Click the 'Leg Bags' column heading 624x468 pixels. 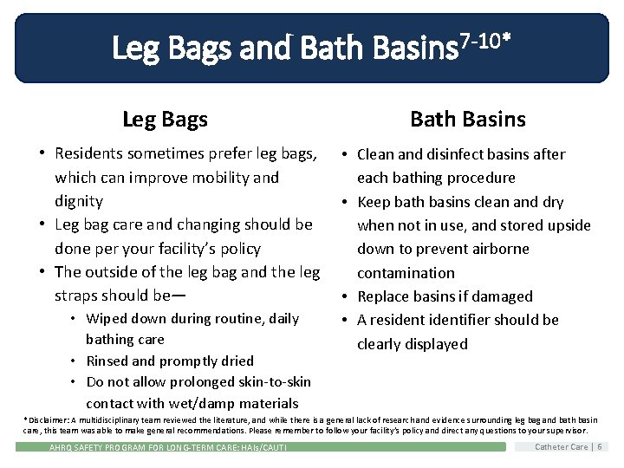(x=165, y=120)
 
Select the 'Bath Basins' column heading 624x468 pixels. (x=467, y=120)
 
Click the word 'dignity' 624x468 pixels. (x=79, y=201)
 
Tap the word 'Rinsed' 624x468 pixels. (x=108, y=361)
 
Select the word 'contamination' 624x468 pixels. (x=406, y=273)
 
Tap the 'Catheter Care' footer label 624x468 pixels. (x=562, y=447)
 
